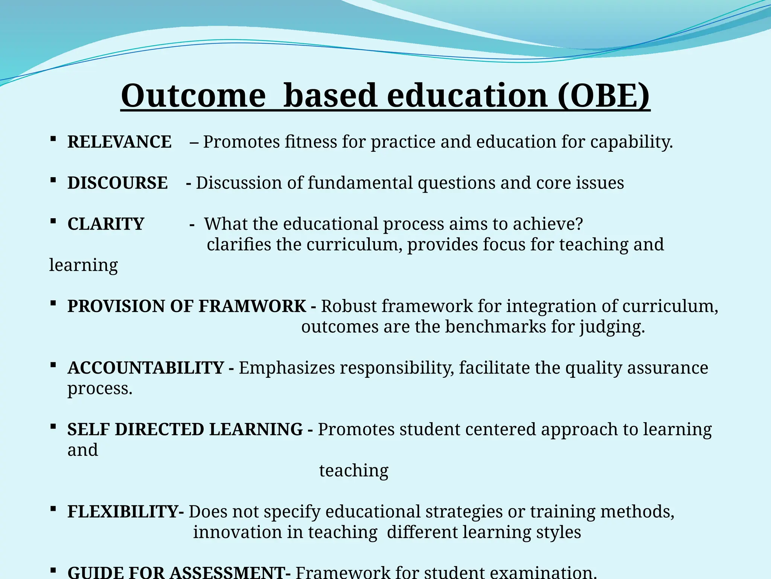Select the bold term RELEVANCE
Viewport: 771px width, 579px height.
[119, 142]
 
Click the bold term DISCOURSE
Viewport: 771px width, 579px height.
[117, 183]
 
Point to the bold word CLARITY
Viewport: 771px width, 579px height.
[106, 224]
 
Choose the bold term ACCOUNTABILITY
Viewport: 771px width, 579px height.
[146, 368]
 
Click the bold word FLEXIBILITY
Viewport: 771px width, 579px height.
[123, 512]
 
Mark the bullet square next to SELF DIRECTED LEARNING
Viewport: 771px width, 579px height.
[53, 426]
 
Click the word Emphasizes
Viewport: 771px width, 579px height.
[286, 368]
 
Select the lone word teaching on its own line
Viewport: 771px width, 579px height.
[354, 471]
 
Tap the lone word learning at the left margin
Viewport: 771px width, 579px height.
[83, 265]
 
